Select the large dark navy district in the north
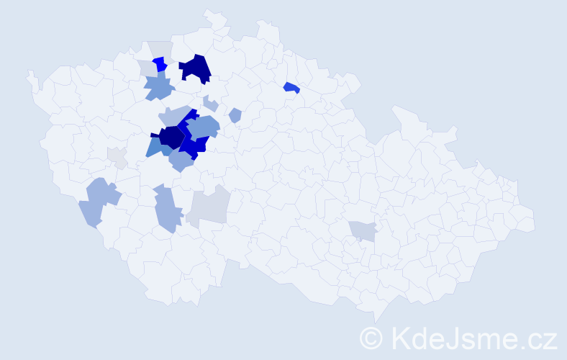click(x=196, y=69)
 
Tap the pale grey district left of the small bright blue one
click(x=147, y=68)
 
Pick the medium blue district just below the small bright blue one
click(x=158, y=89)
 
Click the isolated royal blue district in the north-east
click(x=291, y=88)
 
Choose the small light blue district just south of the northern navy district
click(x=210, y=103)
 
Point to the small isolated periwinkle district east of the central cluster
click(x=235, y=115)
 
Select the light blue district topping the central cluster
click(x=174, y=115)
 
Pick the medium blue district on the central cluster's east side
click(x=204, y=127)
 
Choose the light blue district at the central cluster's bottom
click(x=181, y=161)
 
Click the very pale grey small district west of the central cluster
click(x=117, y=157)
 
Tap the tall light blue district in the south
click(x=166, y=208)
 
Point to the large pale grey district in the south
click(x=209, y=206)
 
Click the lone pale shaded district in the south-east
click(x=363, y=230)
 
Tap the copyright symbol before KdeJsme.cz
click(x=372, y=338)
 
